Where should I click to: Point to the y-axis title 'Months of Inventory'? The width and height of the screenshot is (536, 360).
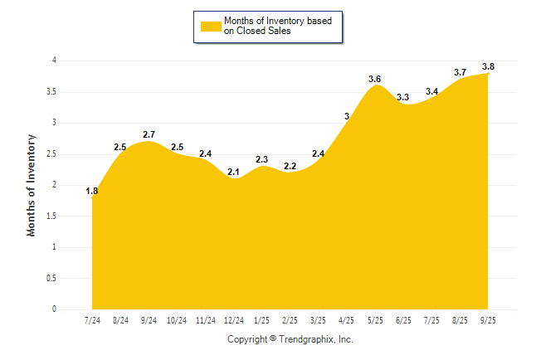point(32,185)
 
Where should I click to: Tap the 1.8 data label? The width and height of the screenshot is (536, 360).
point(92,192)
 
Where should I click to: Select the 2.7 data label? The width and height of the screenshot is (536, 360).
point(149,134)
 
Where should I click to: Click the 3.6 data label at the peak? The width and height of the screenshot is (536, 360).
point(375,79)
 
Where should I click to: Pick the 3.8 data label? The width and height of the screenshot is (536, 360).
point(489,66)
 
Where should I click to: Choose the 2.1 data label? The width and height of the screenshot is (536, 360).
point(234,172)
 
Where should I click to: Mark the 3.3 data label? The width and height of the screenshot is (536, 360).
point(403,98)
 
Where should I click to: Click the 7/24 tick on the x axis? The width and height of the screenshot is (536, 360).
point(92,320)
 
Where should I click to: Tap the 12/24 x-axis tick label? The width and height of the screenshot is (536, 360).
point(234,320)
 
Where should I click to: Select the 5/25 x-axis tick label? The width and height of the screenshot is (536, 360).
point(375,320)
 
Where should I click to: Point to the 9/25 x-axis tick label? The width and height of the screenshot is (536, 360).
point(489,320)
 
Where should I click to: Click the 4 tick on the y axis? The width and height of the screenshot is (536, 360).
point(54,61)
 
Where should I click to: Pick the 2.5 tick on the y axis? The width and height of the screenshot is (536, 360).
point(51,153)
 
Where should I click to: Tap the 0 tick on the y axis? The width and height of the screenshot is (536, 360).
point(54,309)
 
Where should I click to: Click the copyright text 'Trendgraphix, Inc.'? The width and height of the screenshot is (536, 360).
point(317,339)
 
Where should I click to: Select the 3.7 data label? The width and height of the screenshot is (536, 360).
point(460,73)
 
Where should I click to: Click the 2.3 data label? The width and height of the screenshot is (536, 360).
point(262,159)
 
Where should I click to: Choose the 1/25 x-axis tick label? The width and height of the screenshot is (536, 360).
point(262,320)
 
